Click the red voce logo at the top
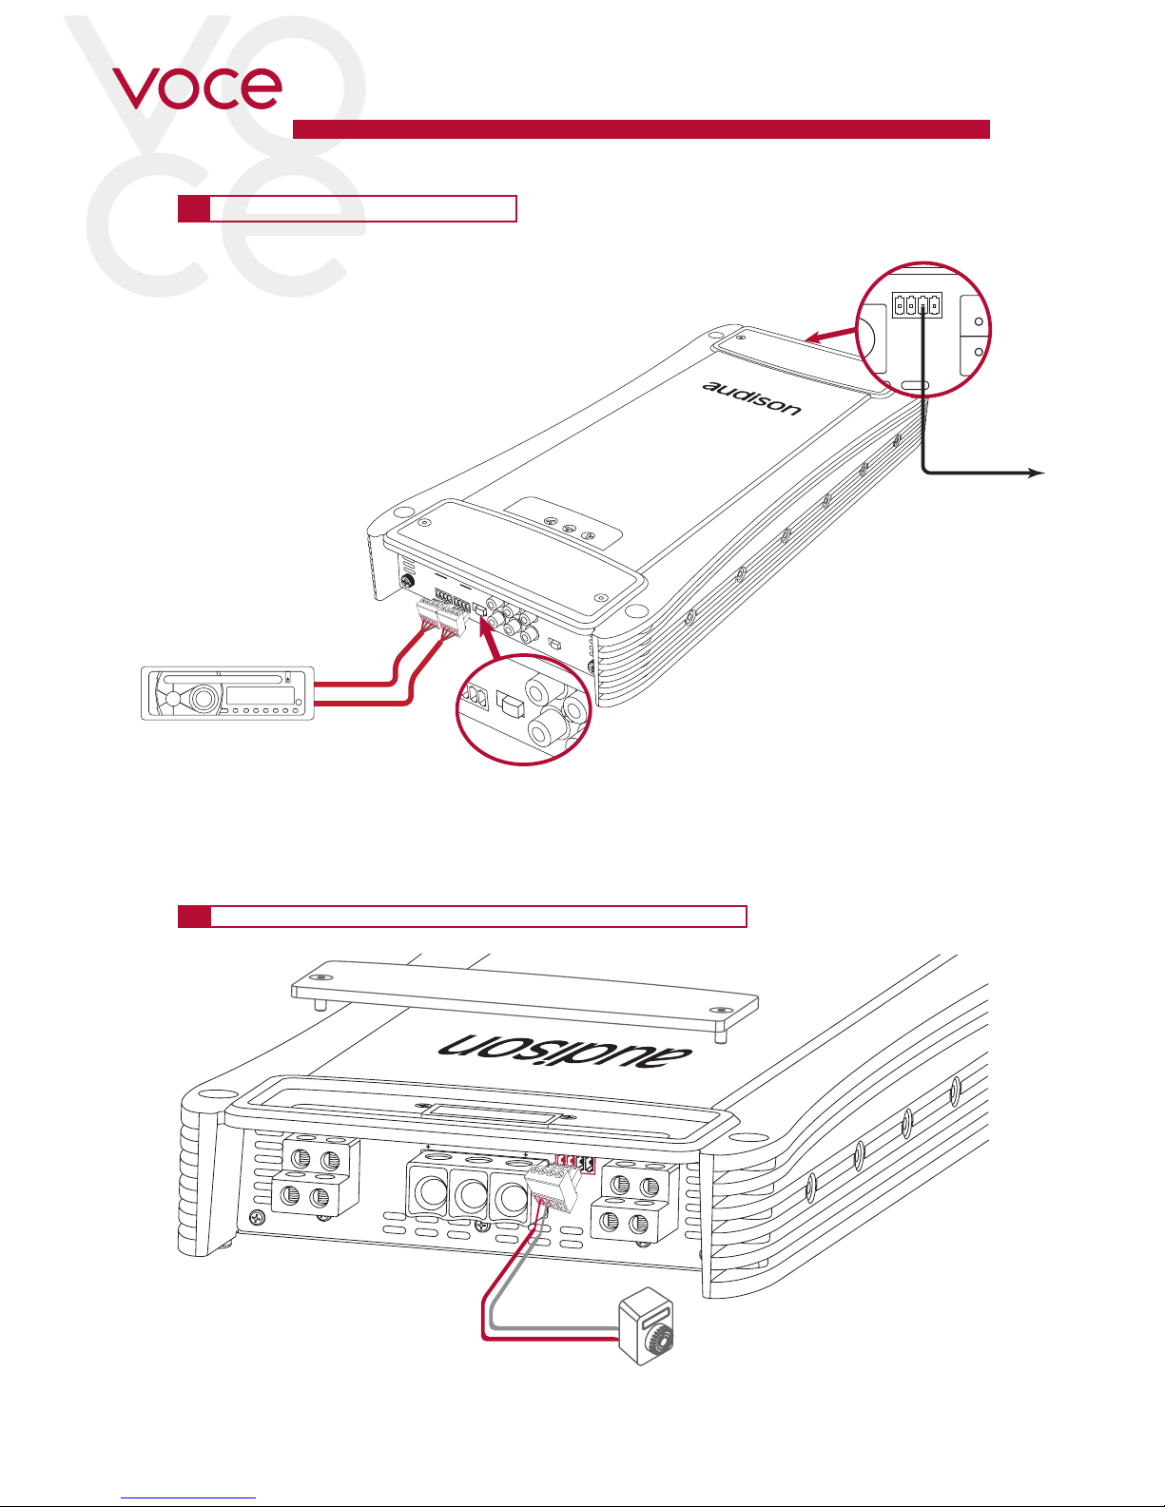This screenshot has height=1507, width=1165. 197,88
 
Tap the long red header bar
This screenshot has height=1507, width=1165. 641,129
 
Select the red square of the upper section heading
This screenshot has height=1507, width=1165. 194,209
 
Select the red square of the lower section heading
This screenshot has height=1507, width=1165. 194,917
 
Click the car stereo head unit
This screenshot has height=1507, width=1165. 227,693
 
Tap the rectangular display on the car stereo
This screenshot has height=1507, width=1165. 255,696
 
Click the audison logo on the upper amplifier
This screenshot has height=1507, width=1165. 751,398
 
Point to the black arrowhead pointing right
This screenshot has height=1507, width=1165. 1036,473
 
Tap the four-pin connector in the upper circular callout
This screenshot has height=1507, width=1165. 917,304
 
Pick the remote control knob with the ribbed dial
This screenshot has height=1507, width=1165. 646,1326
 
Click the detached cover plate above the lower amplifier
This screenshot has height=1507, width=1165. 525,997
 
